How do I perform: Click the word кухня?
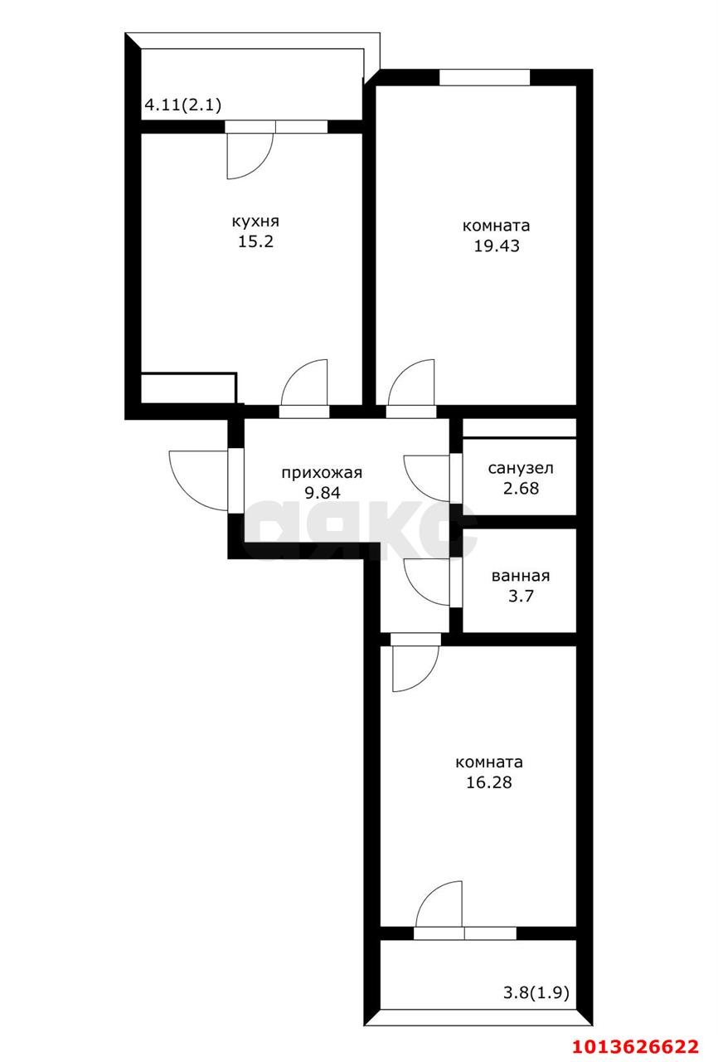pos(255,222)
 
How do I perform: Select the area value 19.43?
pos(496,246)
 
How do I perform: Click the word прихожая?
pos(323,473)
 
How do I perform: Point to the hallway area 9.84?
pos(323,493)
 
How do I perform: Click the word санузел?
pos(520,468)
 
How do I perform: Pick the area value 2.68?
pos(520,488)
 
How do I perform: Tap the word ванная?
pos(520,576)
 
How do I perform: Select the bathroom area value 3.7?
pos(520,596)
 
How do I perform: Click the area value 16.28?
pos(488,782)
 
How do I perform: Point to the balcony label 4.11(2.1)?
pos(182,105)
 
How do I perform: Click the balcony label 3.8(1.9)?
pos(536,991)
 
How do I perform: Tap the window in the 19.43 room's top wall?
pos(484,77)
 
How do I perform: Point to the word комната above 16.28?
pos(488,762)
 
